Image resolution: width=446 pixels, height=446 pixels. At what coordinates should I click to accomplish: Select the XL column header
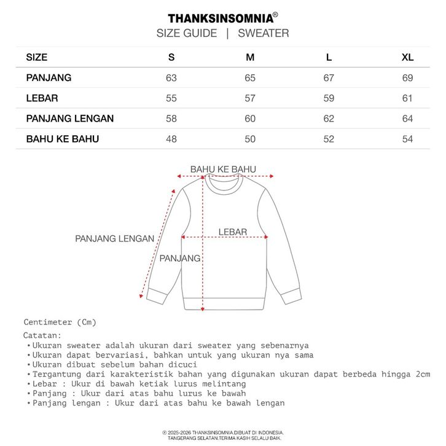pyautogui.click(x=407, y=58)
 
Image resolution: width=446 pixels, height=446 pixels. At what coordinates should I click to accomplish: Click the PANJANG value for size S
pyautogui.click(x=171, y=78)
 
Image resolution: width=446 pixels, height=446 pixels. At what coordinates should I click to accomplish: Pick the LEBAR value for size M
pyautogui.click(x=250, y=98)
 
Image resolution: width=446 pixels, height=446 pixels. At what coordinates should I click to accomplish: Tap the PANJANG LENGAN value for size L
pyautogui.click(x=329, y=119)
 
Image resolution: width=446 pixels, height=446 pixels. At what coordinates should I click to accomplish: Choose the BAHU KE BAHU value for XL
pyautogui.click(x=407, y=139)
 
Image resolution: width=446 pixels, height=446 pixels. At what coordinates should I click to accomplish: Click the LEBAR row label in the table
pyautogui.click(x=39, y=98)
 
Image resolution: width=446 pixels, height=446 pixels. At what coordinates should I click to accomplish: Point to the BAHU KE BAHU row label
pyautogui.click(x=62, y=139)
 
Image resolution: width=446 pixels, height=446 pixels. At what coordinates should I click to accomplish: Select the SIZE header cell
pyautogui.click(x=36, y=58)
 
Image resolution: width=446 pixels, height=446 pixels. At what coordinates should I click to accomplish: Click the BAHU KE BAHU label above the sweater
pyautogui.click(x=223, y=170)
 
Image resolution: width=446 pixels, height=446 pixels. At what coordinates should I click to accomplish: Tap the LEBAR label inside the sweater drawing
pyautogui.click(x=233, y=232)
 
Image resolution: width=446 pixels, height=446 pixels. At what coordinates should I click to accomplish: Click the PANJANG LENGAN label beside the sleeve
pyautogui.click(x=114, y=238)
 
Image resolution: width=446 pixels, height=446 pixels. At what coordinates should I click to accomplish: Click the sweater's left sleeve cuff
pyautogui.click(x=156, y=297)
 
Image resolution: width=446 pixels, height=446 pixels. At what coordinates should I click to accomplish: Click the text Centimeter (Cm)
pyautogui.click(x=60, y=322)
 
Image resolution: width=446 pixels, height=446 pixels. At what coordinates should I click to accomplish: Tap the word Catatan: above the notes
pyautogui.click(x=42, y=335)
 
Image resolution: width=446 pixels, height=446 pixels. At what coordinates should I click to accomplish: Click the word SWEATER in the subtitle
pyautogui.click(x=263, y=33)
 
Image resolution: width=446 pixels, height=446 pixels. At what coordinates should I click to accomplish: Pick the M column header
pyautogui.click(x=250, y=58)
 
